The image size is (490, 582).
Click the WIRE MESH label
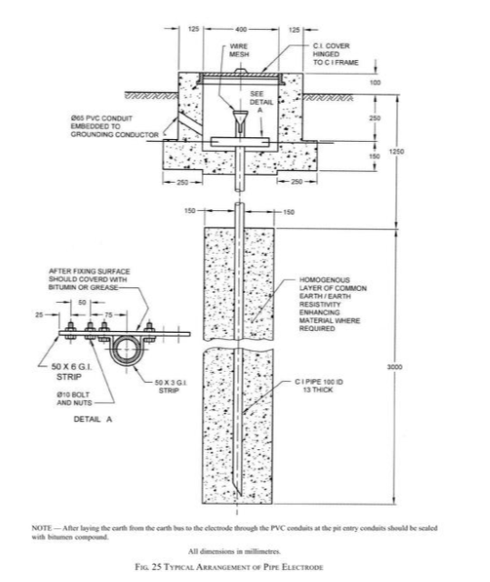click(x=239, y=52)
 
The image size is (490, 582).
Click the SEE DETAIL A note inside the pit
click(x=259, y=105)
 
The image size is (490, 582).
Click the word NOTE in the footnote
click(x=41, y=527)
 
